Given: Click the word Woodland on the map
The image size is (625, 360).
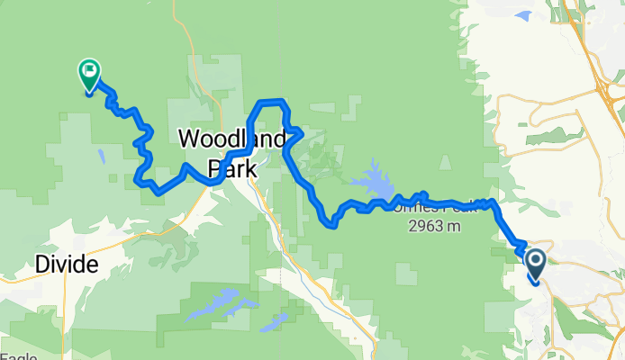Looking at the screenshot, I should point(232,139).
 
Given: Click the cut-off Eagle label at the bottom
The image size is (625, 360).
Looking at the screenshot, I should point(18,356).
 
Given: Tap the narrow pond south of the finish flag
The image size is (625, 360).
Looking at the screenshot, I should point(101,157).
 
